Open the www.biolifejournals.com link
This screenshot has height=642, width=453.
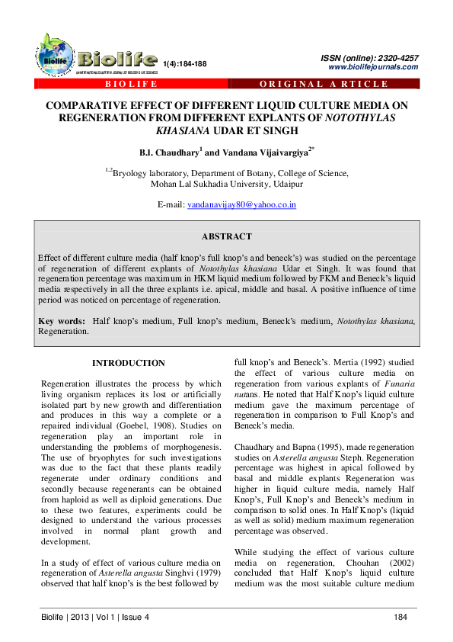coord(372,67)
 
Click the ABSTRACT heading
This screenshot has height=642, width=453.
coord(225,237)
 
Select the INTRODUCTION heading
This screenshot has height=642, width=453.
coord(128,364)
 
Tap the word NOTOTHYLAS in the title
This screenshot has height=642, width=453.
coord(360,119)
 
